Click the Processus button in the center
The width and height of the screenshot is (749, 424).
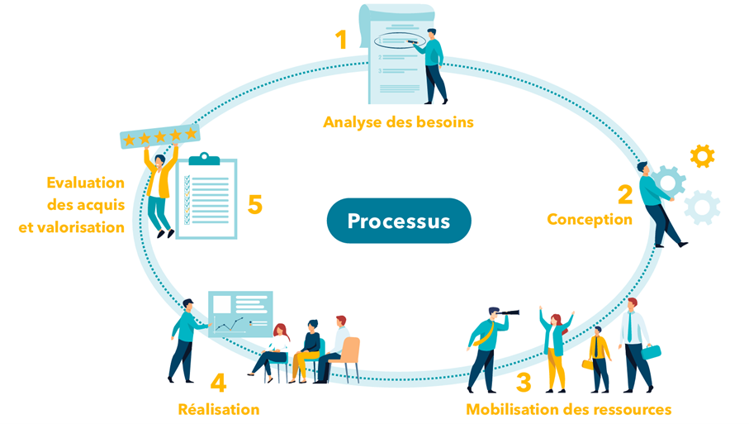[399, 222]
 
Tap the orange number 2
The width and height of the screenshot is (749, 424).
[625, 194]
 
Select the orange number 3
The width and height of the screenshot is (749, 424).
[524, 383]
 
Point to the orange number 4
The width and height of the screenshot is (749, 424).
[218, 383]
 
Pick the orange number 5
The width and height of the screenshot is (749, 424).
[255, 204]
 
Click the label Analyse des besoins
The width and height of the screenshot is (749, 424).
[398, 122]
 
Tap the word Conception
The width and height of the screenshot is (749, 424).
[589, 219]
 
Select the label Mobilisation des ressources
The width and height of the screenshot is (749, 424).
[568, 409]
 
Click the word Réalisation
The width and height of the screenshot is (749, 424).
[219, 409]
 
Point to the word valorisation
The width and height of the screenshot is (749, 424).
[72, 226]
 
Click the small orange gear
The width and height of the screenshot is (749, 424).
[702, 155]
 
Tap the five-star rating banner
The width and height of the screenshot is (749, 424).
[160, 137]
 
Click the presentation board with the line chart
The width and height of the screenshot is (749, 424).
[239, 313]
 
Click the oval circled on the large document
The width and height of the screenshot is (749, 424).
[401, 40]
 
